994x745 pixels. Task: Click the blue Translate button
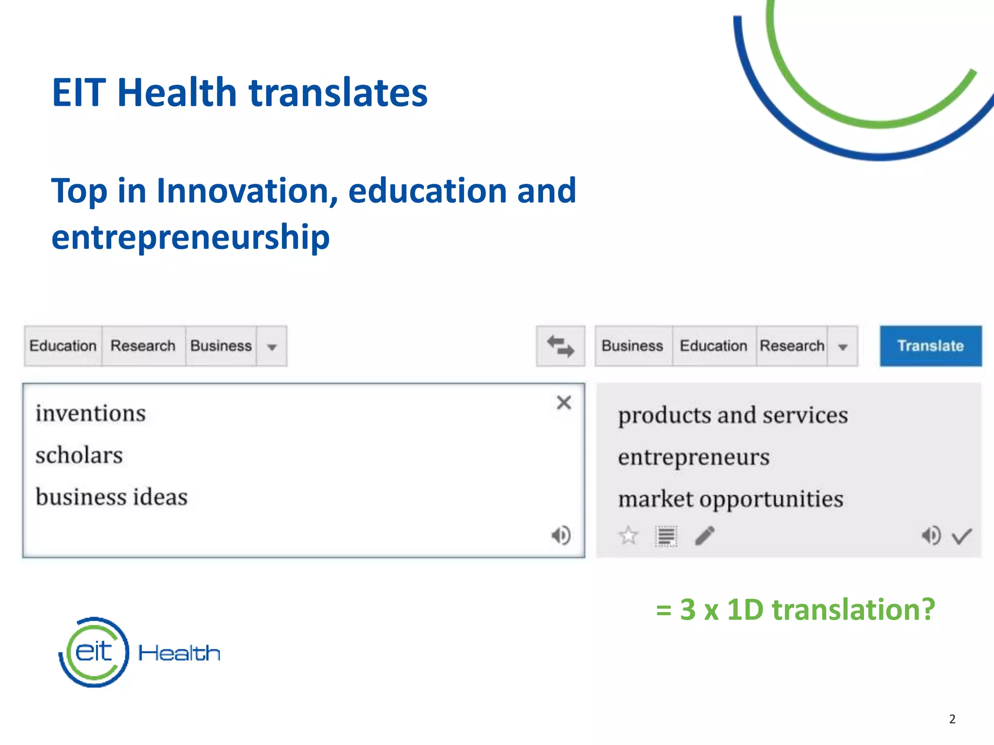pos(930,346)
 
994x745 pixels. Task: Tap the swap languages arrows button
pos(561,346)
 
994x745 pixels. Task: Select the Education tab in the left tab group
pos(63,346)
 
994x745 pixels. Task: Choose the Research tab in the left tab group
pos(143,346)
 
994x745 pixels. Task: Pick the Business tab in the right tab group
pos(632,346)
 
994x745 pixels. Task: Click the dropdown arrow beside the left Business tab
pos(272,347)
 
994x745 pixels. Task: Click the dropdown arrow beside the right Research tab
pos(843,347)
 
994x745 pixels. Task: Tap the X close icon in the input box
pos(564,403)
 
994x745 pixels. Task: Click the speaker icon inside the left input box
pos(561,535)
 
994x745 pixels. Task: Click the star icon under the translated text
pos(629,535)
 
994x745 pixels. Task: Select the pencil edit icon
pos(705,535)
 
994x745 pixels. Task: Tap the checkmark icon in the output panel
pos(961,536)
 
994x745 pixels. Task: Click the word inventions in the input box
pos(91,414)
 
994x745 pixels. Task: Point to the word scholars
pos(79,455)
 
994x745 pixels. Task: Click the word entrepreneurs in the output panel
pos(694,457)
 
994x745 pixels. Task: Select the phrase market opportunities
pos(730,499)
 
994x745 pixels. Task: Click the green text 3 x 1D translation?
pos(807,609)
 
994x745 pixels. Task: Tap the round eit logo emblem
pos(94,652)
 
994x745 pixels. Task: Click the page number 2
pos(952,719)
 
